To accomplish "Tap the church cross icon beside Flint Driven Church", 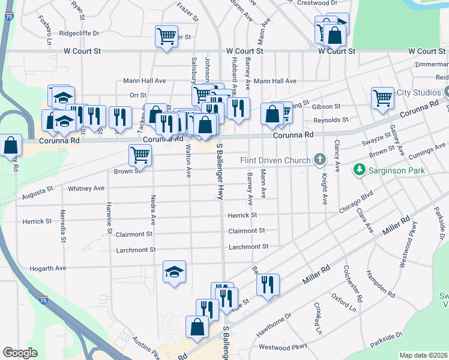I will pos(320,160).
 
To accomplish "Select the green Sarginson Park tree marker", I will pos(360,170).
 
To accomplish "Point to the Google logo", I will pos(20,353).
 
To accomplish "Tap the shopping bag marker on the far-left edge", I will pos(10,145).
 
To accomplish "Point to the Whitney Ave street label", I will pos(86,188).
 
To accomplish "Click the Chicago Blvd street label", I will pos(357,201).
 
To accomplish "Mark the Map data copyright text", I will pos(424,355).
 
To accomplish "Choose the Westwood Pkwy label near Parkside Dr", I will pos(283,347).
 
